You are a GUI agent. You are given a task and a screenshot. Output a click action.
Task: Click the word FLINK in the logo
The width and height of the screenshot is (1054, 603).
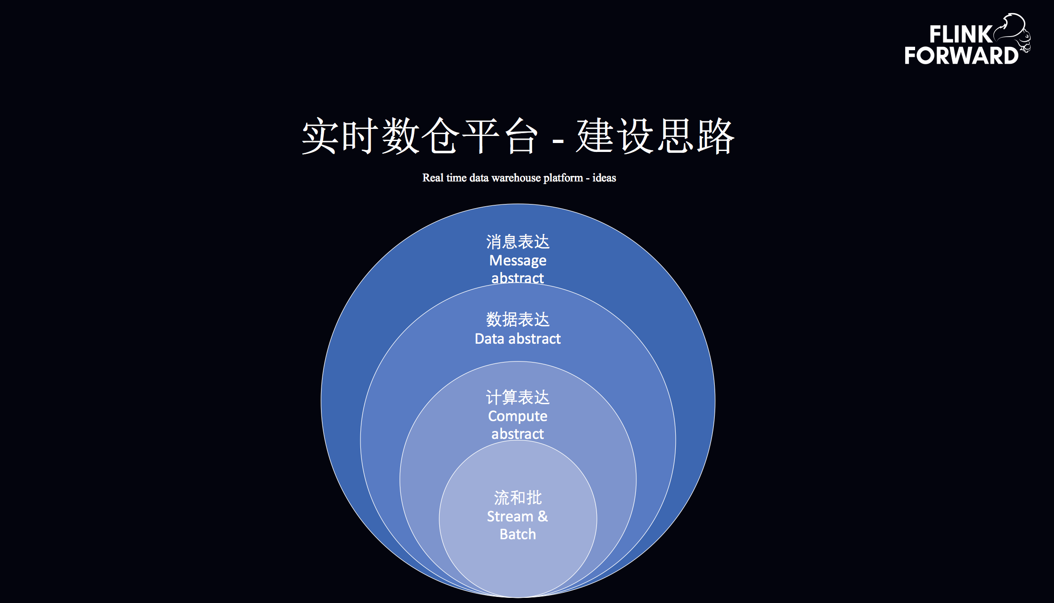(960, 34)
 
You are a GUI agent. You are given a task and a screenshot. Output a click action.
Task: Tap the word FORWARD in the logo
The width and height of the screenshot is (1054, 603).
(961, 56)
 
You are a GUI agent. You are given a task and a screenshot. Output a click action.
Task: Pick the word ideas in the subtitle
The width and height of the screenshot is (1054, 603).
(604, 178)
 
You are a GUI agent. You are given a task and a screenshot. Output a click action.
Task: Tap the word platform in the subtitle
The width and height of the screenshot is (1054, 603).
(563, 178)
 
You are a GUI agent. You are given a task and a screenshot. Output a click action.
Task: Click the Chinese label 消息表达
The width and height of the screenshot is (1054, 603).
(518, 242)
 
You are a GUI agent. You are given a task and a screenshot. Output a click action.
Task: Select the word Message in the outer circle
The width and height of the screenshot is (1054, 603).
(518, 260)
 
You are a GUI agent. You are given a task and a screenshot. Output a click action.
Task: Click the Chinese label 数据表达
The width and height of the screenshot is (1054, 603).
(518, 320)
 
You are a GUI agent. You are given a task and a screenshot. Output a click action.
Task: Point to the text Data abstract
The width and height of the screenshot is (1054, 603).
(518, 339)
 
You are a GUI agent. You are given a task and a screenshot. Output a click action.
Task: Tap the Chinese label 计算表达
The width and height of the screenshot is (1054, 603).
(518, 398)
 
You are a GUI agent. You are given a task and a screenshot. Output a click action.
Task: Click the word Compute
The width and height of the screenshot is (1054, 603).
(518, 416)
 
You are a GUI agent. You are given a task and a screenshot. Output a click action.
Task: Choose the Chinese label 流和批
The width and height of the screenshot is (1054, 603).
(518, 498)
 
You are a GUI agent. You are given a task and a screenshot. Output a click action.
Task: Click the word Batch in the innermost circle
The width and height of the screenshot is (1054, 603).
(518, 534)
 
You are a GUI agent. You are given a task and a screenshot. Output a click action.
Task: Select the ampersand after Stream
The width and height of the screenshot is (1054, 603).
(542, 516)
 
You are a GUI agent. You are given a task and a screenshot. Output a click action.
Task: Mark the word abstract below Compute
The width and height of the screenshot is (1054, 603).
(518, 434)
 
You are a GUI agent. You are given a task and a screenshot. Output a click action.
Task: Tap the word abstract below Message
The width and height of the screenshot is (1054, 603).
(518, 278)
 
